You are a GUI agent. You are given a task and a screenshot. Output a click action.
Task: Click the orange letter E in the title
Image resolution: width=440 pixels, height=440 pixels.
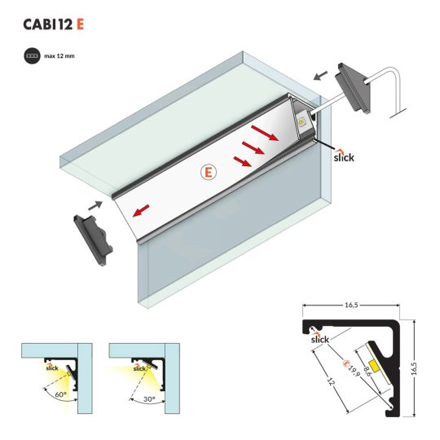point(80,24)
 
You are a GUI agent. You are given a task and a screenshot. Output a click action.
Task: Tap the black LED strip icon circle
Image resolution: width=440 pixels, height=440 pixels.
point(32,56)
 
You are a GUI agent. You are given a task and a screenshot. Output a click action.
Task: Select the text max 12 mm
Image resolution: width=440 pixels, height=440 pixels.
point(59,56)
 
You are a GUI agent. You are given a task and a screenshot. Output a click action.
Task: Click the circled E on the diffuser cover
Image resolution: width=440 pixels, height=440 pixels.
point(209,172)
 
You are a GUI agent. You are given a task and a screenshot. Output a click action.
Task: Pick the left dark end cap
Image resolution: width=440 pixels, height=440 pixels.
point(93,240)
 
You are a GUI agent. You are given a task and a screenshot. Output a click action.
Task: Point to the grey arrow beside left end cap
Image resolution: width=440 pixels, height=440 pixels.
point(95,205)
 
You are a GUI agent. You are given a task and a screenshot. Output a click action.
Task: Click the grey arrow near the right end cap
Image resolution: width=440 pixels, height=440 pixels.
point(320,76)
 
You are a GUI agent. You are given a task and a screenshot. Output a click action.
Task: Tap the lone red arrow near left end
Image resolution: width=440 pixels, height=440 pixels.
point(141,211)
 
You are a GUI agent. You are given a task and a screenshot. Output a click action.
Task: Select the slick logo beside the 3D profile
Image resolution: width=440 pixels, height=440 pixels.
point(344,156)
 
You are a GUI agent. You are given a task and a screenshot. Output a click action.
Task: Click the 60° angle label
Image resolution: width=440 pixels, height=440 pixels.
point(60,394)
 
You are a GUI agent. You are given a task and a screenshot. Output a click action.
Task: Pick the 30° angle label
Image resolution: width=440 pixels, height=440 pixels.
point(149,398)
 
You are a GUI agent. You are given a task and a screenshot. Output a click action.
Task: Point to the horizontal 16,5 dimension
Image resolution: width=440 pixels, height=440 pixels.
point(351,305)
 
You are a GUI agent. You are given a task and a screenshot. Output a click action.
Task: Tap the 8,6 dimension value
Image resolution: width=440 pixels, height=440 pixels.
point(367,371)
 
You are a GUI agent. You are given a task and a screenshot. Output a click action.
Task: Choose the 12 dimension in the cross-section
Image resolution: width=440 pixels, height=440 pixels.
point(331,382)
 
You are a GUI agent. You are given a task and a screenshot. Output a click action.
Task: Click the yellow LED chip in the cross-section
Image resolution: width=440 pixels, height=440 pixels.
point(375,366)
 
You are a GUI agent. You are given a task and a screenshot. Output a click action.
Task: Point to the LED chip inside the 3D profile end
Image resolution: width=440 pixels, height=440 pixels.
point(301,122)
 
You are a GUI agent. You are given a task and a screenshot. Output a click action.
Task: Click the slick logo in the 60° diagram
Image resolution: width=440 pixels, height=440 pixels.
point(52,367)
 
